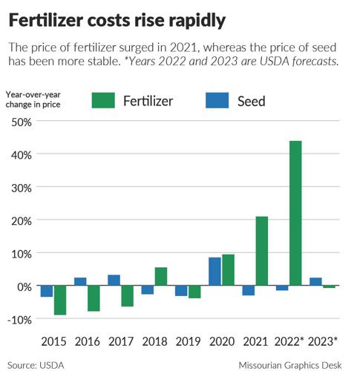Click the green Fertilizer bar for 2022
(x=295, y=213)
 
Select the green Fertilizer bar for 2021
(x=261, y=251)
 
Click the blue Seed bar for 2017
(x=114, y=280)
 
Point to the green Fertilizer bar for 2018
(x=161, y=277)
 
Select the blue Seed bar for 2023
(x=315, y=282)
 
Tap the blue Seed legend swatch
(x=218, y=99)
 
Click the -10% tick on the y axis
(x=19, y=319)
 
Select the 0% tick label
(x=24, y=286)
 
